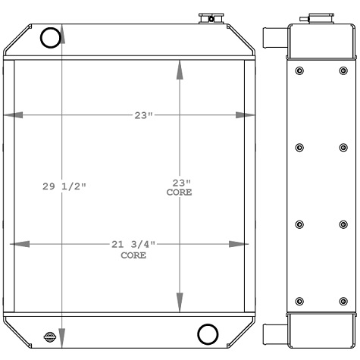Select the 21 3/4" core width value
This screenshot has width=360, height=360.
(133, 244)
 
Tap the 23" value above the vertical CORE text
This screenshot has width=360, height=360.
(179, 183)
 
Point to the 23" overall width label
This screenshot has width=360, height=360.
(144, 116)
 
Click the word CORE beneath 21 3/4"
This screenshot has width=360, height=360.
(133, 255)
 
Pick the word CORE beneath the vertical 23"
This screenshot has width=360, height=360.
(179, 193)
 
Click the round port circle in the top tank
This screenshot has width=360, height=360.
(50, 38)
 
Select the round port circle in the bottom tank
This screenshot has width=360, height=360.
(207, 333)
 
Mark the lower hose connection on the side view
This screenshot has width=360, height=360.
(274, 333)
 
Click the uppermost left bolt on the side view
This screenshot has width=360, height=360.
(299, 72)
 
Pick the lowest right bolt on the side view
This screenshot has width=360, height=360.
(341, 301)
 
